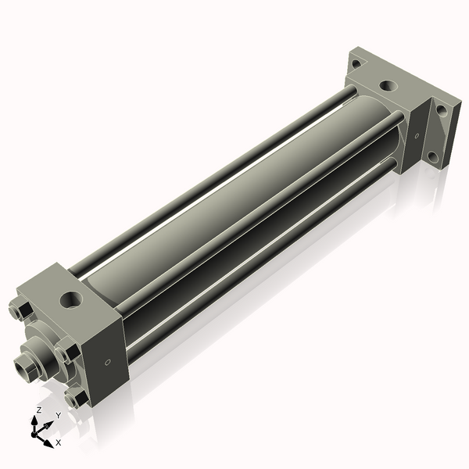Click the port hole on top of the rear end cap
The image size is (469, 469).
point(387,87)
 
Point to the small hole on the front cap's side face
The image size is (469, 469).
point(107,362)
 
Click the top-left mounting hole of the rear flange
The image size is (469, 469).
point(356,65)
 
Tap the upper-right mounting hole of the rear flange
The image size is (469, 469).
point(442,110)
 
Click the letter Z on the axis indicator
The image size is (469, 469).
point(39,410)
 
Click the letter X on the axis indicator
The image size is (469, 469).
point(58,442)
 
